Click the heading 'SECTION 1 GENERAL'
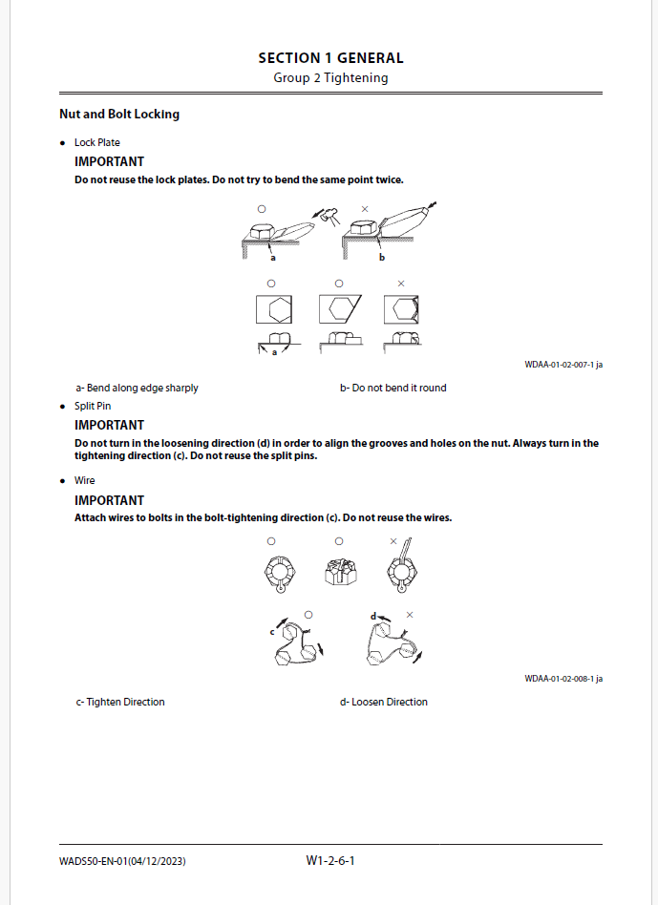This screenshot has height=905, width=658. [330, 58]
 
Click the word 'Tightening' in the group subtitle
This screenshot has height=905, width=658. [356, 78]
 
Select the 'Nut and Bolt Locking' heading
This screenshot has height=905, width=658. [118, 115]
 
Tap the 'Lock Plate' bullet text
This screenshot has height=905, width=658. [97, 143]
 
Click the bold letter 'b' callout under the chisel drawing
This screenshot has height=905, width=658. [382, 258]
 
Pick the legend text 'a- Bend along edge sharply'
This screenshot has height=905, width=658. [137, 389]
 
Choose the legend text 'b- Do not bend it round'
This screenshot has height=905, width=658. [393, 389]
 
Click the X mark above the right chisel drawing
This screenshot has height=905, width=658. [365, 208]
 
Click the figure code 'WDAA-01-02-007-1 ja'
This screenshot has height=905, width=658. [563, 365]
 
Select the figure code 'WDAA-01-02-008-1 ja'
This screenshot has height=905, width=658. [563, 679]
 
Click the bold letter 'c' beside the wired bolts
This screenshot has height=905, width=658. [272, 631]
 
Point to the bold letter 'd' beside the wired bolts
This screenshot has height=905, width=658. [373, 617]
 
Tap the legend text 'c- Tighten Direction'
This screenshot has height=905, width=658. [120, 703]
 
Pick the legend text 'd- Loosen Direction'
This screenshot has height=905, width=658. [383, 703]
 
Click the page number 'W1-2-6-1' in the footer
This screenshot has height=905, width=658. [330, 860]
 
